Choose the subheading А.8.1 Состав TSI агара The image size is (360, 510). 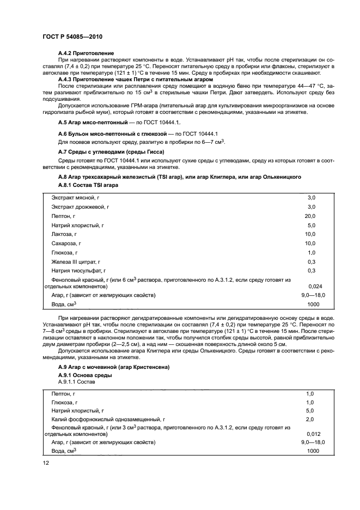[x=88, y=185]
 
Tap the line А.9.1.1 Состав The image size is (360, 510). [x=76, y=382]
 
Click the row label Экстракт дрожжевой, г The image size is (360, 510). [x=81, y=207]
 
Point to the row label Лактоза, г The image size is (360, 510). [x=68, y=234]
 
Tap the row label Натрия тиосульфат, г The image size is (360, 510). [x=78, y=270]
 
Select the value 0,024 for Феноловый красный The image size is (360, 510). [x=314, y=286]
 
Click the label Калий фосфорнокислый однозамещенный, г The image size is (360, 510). [x=108, y=419]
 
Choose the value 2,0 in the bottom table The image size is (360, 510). [x=310, y=419]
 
